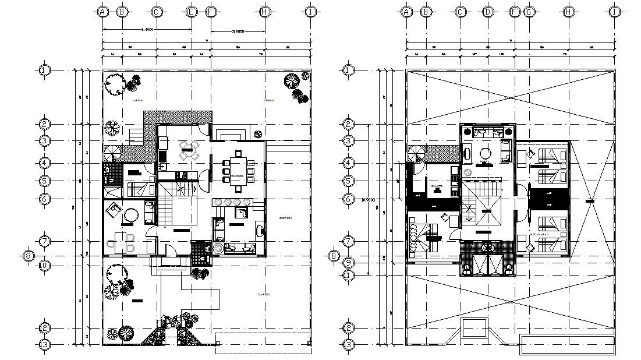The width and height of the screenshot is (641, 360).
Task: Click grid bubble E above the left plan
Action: pos(191,12)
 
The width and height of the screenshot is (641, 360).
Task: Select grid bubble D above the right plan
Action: pos(488,12)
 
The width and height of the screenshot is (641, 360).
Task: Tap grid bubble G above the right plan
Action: pos(529,12)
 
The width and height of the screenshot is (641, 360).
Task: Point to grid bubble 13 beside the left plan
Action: pos(45,344)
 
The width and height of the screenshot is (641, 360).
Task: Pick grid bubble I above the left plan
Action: pos(311,12)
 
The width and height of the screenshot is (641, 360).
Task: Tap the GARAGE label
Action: pos(264,295)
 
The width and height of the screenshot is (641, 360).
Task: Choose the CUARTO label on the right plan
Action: pos(437,186)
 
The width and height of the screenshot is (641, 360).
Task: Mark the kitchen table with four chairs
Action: pos(186,150)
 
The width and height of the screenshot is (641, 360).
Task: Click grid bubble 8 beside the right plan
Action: pos(334,255)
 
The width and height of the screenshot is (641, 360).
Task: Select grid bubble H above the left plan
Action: pos(264,12)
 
